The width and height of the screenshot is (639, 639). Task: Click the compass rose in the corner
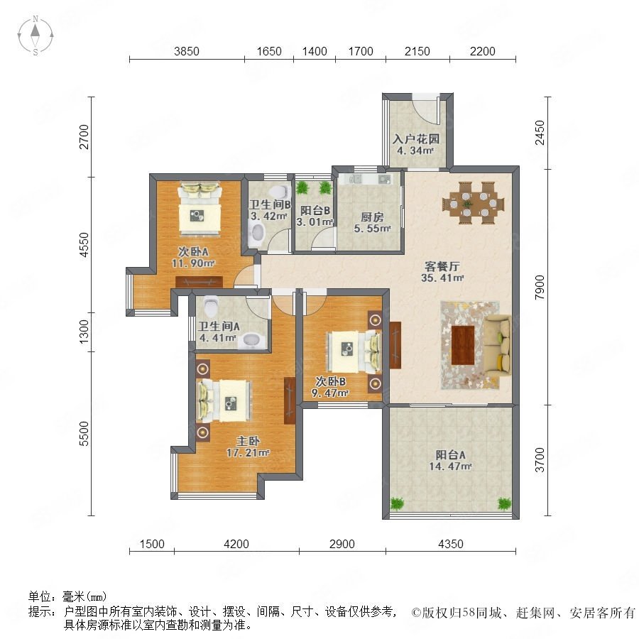[x=35, y=35]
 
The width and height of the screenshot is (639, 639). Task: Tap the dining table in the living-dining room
[x=474, y=202]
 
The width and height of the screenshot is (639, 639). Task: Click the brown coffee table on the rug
[x=463, y=345]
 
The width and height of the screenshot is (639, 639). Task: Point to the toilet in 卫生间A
[x=211, y=306]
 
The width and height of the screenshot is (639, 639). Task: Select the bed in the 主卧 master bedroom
[x=224, y=400]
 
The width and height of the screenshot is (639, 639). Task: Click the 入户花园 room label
[x=415, y=139]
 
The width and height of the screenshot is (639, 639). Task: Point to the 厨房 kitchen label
[x=372, y=217]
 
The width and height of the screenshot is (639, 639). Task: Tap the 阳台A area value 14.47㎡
[x=450, y=466]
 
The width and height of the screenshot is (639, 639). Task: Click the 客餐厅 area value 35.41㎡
[x=442, y=278]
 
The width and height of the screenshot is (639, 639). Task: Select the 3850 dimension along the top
[x=187, y=51]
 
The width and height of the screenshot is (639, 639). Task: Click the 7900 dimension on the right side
[x=540, y=288]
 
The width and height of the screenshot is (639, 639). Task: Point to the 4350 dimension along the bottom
[x=451, y=544]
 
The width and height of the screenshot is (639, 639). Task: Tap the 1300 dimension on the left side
[x=84, y=331]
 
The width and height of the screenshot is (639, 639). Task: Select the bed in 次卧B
[x=353, y=351]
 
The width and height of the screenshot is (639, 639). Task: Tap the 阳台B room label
[x=315, y=210]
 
